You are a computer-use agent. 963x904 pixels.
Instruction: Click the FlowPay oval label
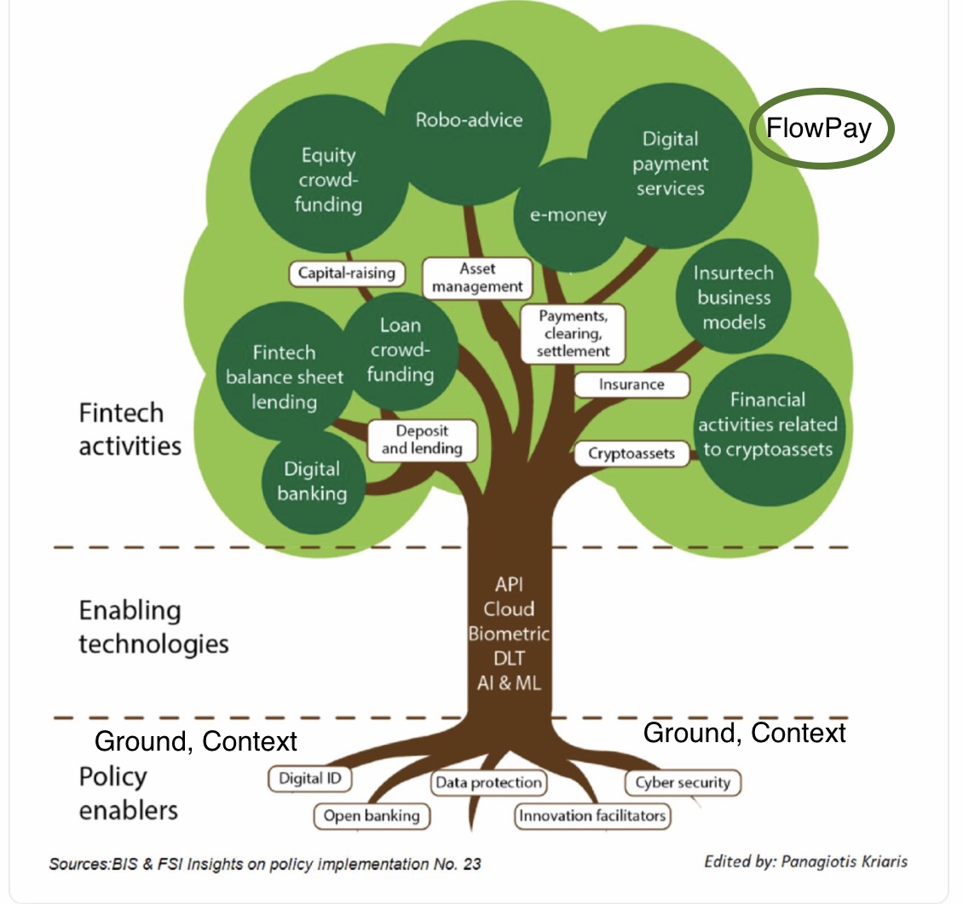(x=821, y=130)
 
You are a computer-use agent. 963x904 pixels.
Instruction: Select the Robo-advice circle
(x=469, y=119)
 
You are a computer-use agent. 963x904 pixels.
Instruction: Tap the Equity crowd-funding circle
(x=328, y=179)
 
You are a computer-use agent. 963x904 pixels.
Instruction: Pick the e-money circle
(x=567, y=215)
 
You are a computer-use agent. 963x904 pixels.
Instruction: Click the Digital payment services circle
(x=670, y=164)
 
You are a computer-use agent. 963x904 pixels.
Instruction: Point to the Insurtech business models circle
(x=734, y=297)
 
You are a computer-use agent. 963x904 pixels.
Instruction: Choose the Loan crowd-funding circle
(x=401, y=349)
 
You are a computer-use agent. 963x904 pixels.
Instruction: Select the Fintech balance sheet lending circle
(x=284, y=377)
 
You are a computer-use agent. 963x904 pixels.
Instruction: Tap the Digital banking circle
(x=312, y=481)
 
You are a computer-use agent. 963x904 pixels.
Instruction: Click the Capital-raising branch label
(x=347, y=274)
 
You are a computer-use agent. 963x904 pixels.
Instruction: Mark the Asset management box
(x=477, y=277)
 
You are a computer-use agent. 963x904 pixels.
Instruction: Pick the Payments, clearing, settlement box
(x=573, y=333)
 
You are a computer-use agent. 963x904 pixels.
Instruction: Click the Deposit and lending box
(x=422, y=440)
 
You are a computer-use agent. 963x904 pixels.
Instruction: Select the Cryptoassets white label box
(x=631, y=453)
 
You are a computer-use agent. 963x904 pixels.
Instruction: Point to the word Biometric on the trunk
(x=509, y=634)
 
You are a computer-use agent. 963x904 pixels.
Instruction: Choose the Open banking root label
(x=372, y=816)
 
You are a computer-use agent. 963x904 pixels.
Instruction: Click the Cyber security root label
(x=683, y=782)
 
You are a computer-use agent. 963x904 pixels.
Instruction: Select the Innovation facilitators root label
(x=592, y=816)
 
